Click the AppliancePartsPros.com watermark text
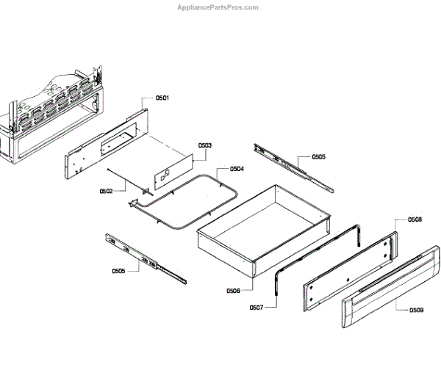(x=219, y=7)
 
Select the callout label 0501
(x=162, y=98)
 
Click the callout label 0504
(x=237, y=169)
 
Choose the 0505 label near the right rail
(x=318, y=156)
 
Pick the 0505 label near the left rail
(x=118, y=271)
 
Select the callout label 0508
(x=415, y=220)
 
